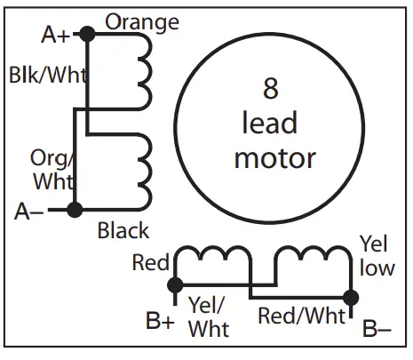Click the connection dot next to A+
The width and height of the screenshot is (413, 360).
86,34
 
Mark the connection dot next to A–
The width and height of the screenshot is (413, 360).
75,210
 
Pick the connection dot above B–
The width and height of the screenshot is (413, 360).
352,297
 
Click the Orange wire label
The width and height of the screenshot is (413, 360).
142,21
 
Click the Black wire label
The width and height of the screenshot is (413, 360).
123,231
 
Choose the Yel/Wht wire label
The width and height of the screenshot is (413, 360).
210,316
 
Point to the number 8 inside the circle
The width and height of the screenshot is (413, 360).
272,88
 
